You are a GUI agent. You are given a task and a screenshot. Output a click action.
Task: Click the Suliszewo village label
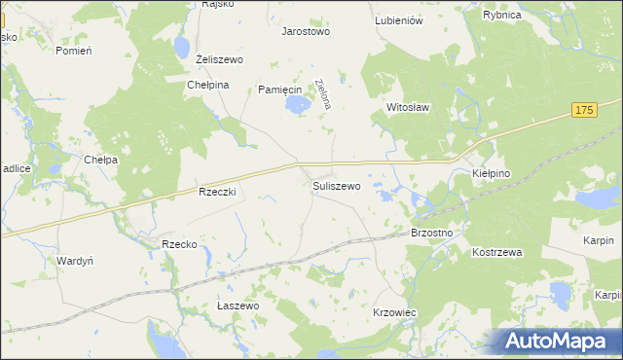pos(337,185)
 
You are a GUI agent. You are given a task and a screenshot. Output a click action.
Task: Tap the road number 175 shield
pos(584,112)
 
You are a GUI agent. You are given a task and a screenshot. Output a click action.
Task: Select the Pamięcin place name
pos(279,90)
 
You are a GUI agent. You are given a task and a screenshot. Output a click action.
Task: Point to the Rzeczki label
pos(217,193)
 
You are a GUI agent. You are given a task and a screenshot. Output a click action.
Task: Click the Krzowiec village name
pos(395,312)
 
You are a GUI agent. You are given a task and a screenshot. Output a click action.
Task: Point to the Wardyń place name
pos(75,261)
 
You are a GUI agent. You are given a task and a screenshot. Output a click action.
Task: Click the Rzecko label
pos(180,244)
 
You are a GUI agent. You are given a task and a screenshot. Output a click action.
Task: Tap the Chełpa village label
pos(101,160)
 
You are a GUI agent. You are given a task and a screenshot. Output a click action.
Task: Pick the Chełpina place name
pos(207,85)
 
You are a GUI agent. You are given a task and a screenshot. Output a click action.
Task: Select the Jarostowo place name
pos(306,31)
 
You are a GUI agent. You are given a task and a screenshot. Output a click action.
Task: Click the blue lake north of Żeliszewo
pos(182,48)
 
